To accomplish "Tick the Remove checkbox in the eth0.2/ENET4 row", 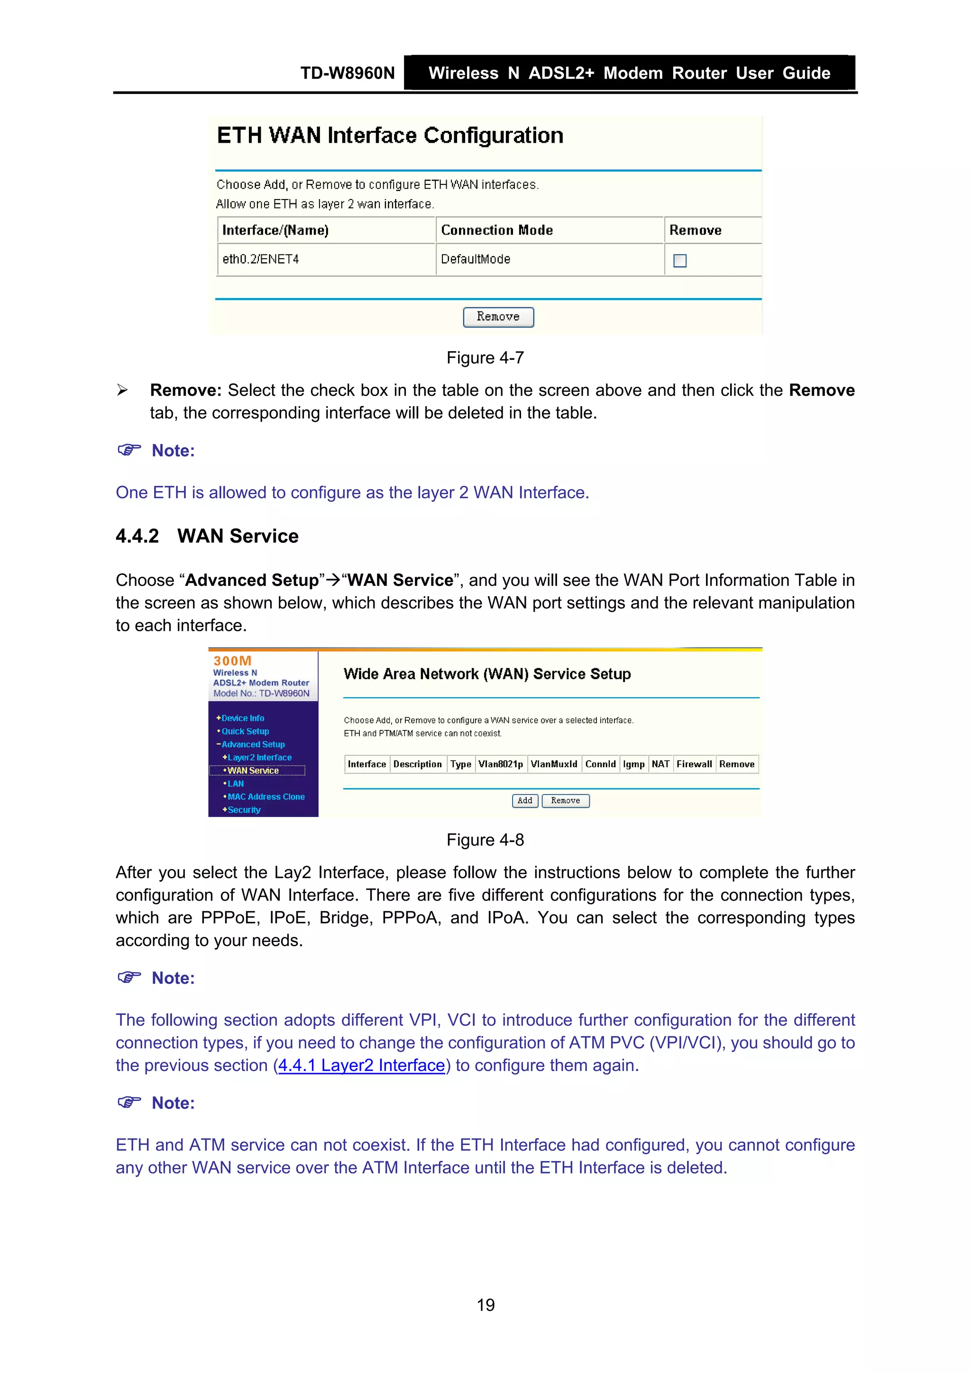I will (x=679, y=261).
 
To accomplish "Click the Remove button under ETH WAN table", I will (x=498, y=317).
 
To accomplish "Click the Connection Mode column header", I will (x=496, y=230).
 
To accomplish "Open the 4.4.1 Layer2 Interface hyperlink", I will (x=361, y=1065).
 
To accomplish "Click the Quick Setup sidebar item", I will (x=245, y=731).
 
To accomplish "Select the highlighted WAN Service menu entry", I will (x=253, y=770).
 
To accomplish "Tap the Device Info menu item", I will (x=242, y=718).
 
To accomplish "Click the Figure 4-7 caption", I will (x=485, y=358).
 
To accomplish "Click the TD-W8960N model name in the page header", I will (x=347, y=73).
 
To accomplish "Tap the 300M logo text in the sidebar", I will (x=232, y=661).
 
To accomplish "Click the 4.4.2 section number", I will (x=137, y=536).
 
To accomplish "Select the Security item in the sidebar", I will (x=244, y=809).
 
